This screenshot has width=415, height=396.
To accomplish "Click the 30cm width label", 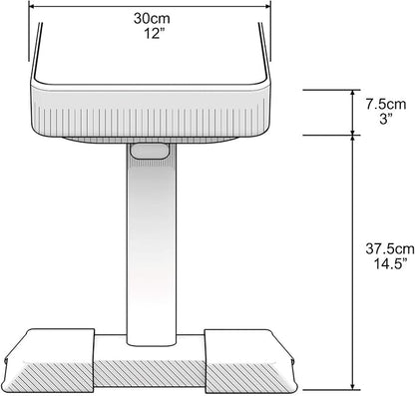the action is [x=152, y=18].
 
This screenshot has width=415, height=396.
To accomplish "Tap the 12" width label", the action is [x=153, y=33].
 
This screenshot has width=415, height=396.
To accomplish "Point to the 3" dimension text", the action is [x=386, y=119].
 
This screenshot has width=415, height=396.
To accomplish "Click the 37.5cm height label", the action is [x=390, y=248].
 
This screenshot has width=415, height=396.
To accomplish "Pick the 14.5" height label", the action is [x=390, y=264].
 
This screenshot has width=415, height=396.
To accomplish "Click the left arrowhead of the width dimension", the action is [x=32, y=6].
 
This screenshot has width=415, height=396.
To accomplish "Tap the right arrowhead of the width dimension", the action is [x=267, y=6].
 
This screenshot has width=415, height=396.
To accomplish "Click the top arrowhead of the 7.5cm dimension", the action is [x=353, y=93].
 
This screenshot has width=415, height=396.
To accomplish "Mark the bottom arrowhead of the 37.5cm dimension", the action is [x=353, y=386].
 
